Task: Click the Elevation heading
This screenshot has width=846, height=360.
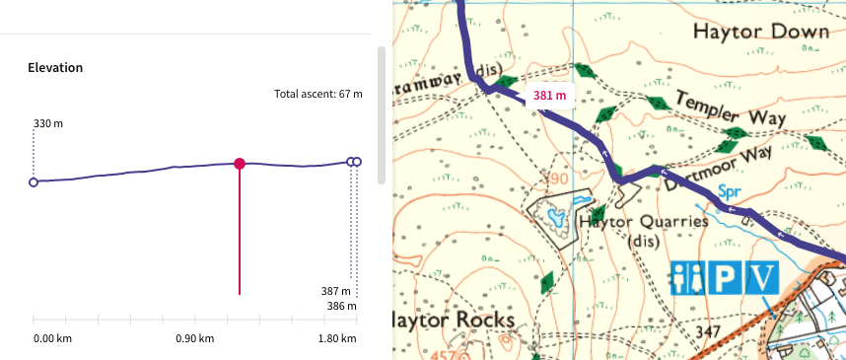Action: click(x=55, y=68)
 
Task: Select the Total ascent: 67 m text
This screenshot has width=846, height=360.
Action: click(x=317, y=95)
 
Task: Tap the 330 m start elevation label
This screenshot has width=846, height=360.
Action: click(x=48, y=124)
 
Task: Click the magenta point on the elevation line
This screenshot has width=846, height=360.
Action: click(x=240, y=164)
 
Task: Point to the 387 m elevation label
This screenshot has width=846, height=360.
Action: click(x=337, y=292)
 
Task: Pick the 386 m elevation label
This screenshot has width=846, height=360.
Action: click(x=337, y=307)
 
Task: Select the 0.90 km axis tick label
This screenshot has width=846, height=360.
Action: click(x=194, y=339)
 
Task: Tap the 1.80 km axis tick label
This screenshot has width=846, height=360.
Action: click(x=336, y=339)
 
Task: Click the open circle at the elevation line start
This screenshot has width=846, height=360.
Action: click(x=34, y=182)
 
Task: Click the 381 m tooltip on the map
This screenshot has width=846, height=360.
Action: click(x=549, y=96)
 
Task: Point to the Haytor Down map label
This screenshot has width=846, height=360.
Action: click(x=760, y=33)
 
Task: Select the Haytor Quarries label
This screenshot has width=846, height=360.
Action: click(x=643, y=222)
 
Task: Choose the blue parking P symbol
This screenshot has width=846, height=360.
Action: click(x=725, y=277)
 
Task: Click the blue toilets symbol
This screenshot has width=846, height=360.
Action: click(x=688, y=277)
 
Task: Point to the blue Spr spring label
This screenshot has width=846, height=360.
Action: click(x=729, y=190)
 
